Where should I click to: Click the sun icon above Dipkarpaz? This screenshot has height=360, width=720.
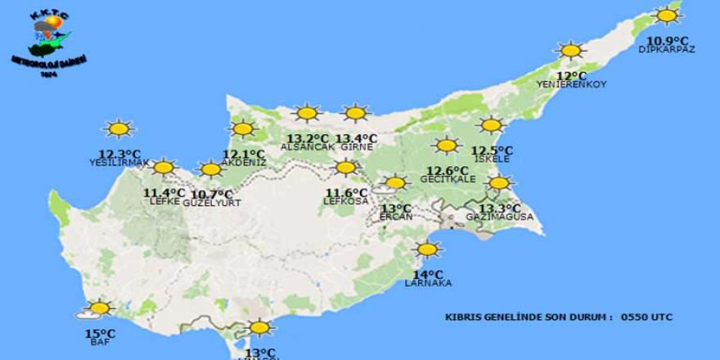667,16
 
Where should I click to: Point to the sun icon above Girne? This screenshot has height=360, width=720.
356,113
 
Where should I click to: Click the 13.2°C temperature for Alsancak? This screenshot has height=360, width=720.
304,137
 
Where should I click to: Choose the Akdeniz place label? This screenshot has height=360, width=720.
244,162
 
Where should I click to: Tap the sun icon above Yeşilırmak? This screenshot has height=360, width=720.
119,128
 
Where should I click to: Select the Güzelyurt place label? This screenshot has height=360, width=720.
211,202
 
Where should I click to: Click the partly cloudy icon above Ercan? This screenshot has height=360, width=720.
393,184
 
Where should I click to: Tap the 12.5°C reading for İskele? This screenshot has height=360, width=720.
492,150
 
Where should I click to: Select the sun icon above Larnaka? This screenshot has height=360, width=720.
427,250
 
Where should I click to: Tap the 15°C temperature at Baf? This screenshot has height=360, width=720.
100,333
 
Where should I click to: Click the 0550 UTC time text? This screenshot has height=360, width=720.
646,316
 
